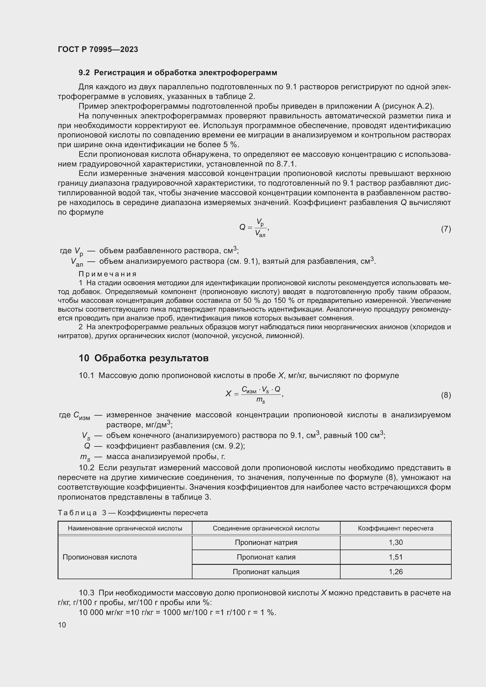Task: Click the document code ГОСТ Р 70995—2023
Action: pos(98,49)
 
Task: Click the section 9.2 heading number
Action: pos(84,73)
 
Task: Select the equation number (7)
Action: pos(446,229)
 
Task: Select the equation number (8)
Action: pos(446,395)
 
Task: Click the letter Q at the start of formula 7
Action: pos(242,227)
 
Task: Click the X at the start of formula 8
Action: pos(228,394)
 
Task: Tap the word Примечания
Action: pos(108,274)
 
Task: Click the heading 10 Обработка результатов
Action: pos(143,358)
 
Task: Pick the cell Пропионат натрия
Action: pos(266,542)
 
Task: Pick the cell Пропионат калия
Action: pos(266,557)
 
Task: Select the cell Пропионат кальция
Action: pos(266,572)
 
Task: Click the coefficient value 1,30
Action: pos(395,542)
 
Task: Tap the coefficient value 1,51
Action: pos(395,557)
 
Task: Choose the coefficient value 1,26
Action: pos(395,572)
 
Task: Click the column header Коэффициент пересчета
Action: pos(395,528)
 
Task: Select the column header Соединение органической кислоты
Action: pos(266,528)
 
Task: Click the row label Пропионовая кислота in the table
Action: pos(100,557)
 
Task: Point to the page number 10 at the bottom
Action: pos(62,625)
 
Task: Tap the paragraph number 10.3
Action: pos(86,593)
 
